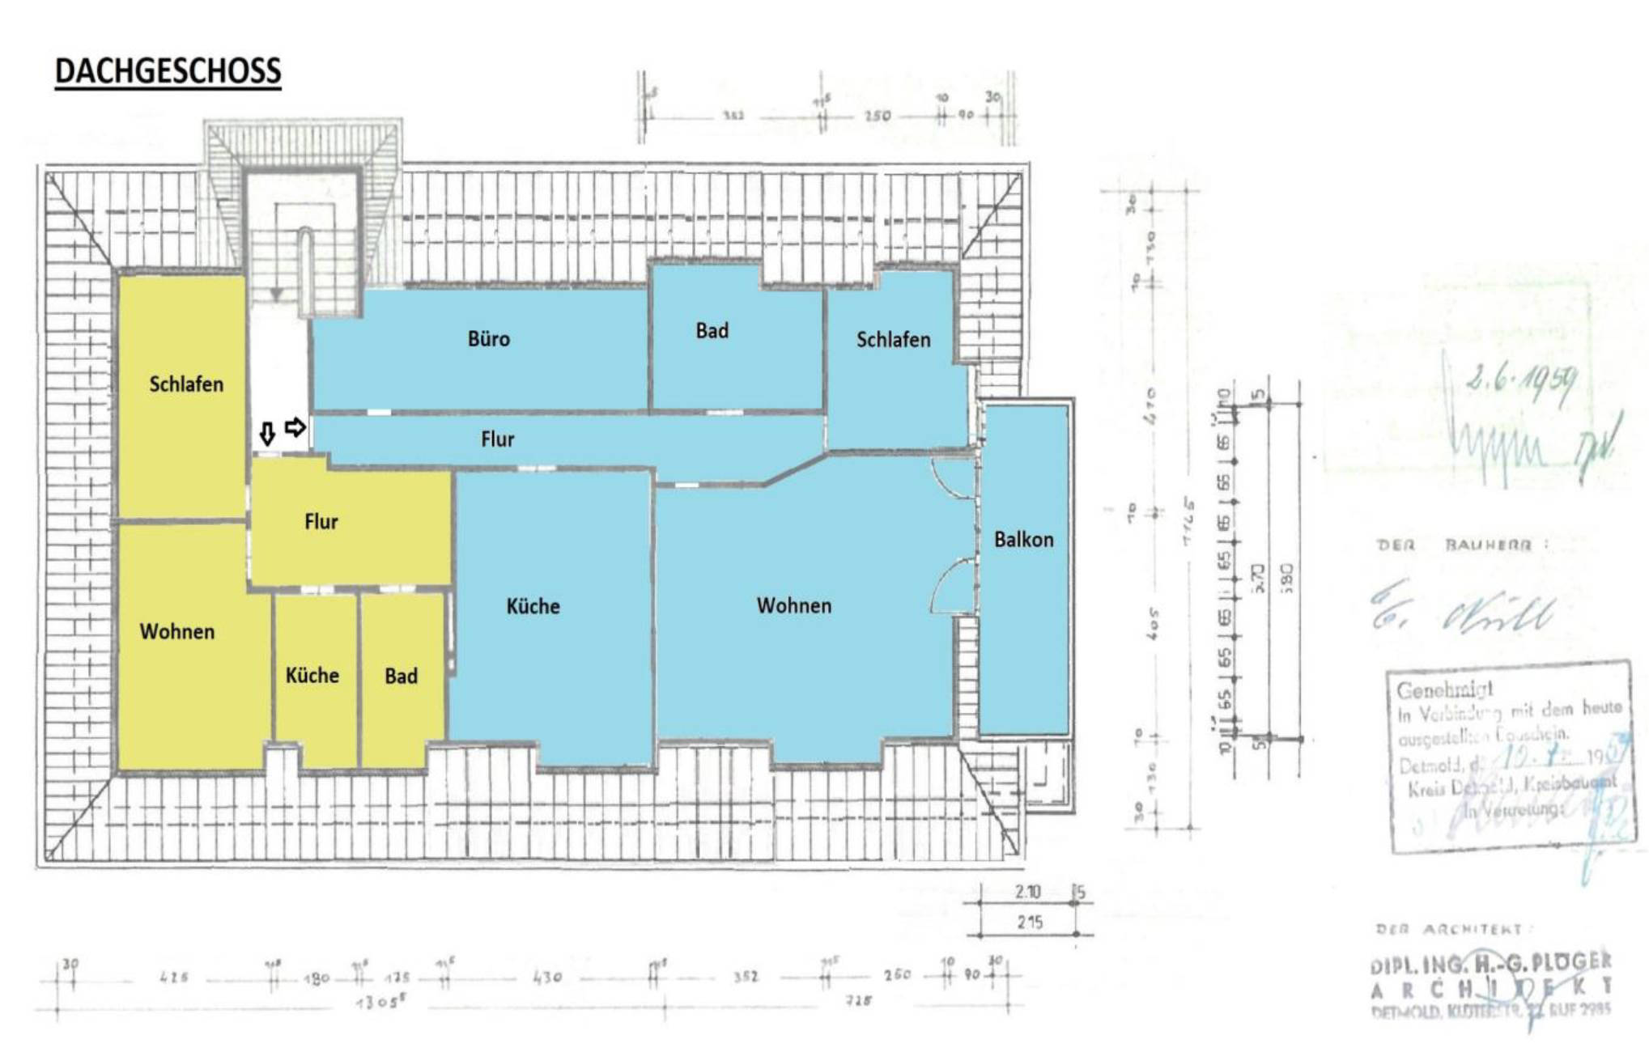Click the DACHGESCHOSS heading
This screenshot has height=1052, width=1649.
point(168,71)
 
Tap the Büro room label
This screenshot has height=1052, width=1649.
point(489,338)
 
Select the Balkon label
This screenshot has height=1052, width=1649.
point(1023,540)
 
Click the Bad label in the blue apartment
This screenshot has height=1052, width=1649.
point(712,330)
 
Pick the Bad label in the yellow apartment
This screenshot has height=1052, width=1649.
point(401,676)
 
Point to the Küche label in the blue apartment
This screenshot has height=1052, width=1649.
point(533,606)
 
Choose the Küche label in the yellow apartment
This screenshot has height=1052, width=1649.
point(312,675)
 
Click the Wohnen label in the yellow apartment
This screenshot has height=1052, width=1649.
point(177,631)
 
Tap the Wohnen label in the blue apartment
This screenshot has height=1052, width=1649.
point(793,605)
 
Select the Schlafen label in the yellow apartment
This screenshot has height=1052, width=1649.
point(186,384)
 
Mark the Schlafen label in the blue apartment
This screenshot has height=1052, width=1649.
point(893,339)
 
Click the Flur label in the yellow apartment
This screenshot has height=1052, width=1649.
point(321,521)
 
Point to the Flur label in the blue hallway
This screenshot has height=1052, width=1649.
point(497,439)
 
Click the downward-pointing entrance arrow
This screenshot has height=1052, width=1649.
point(267,435)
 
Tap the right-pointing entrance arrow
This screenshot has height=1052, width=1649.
point(295,426)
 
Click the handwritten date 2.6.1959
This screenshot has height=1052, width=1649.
point(1520,383)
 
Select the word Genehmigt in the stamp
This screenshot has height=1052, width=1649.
point(1444,690)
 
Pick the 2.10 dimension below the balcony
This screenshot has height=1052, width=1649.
point(1027,892)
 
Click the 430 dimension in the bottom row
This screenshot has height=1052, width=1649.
point(547,978)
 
